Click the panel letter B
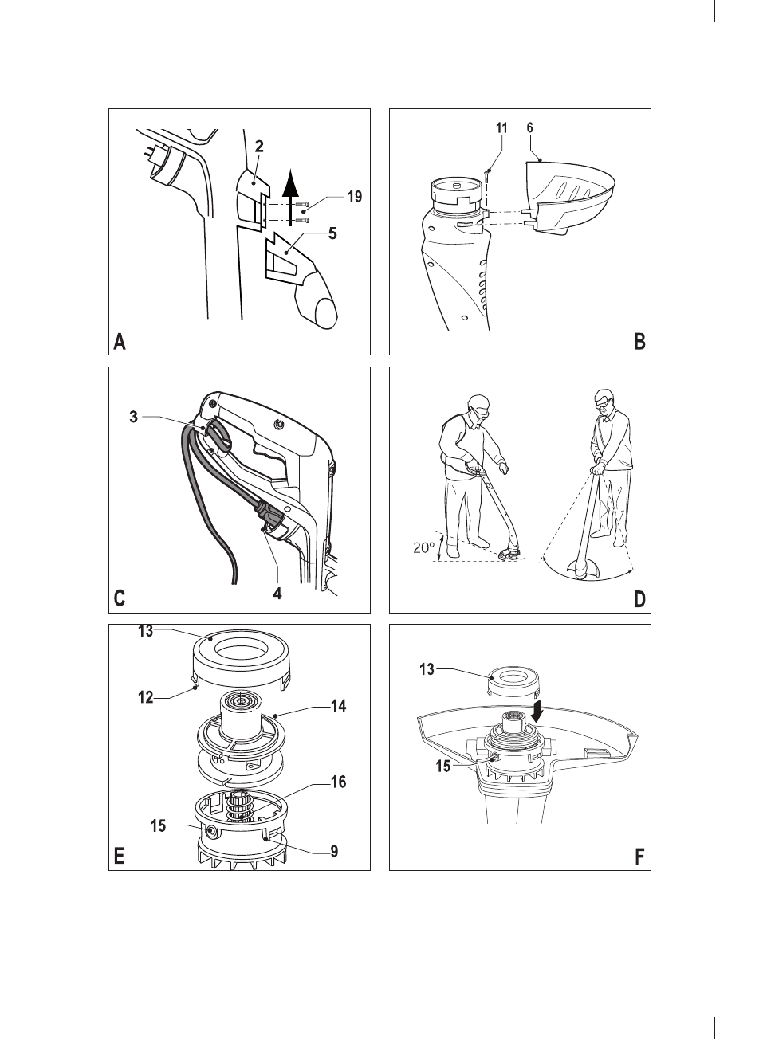[639, 343]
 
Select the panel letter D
[639, 600]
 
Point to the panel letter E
[120, 857]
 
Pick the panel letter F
[639, 857]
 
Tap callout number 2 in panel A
[260, 147]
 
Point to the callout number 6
[530, 127]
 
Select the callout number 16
[339, 782]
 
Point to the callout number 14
[337, 706]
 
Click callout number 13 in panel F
[428, 670]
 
